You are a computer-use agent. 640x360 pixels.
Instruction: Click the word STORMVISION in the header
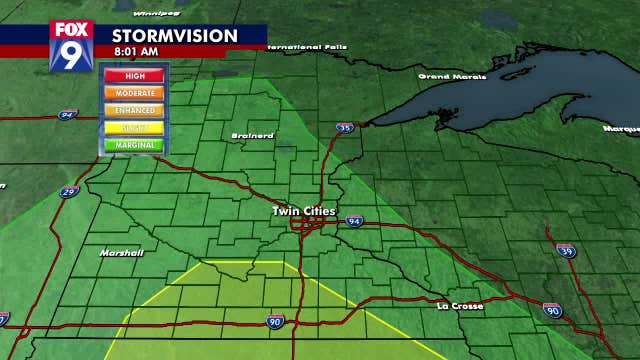tap(174, 36)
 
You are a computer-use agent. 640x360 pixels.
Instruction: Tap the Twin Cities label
tap(305, 211)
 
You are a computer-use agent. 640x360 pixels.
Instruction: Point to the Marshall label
tap(121, 253)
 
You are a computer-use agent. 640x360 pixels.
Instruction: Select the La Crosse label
tap(460, 305)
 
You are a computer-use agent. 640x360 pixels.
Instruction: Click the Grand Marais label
tap(447, 76)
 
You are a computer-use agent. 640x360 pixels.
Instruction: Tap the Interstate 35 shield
tap(345, 128)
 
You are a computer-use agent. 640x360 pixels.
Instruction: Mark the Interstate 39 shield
tap(566, 249)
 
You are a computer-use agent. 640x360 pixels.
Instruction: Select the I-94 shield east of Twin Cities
tap(355, 220)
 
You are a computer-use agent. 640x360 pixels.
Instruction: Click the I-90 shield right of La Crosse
tap(552, 310)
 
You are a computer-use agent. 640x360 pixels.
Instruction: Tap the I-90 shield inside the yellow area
tap(274, 321)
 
